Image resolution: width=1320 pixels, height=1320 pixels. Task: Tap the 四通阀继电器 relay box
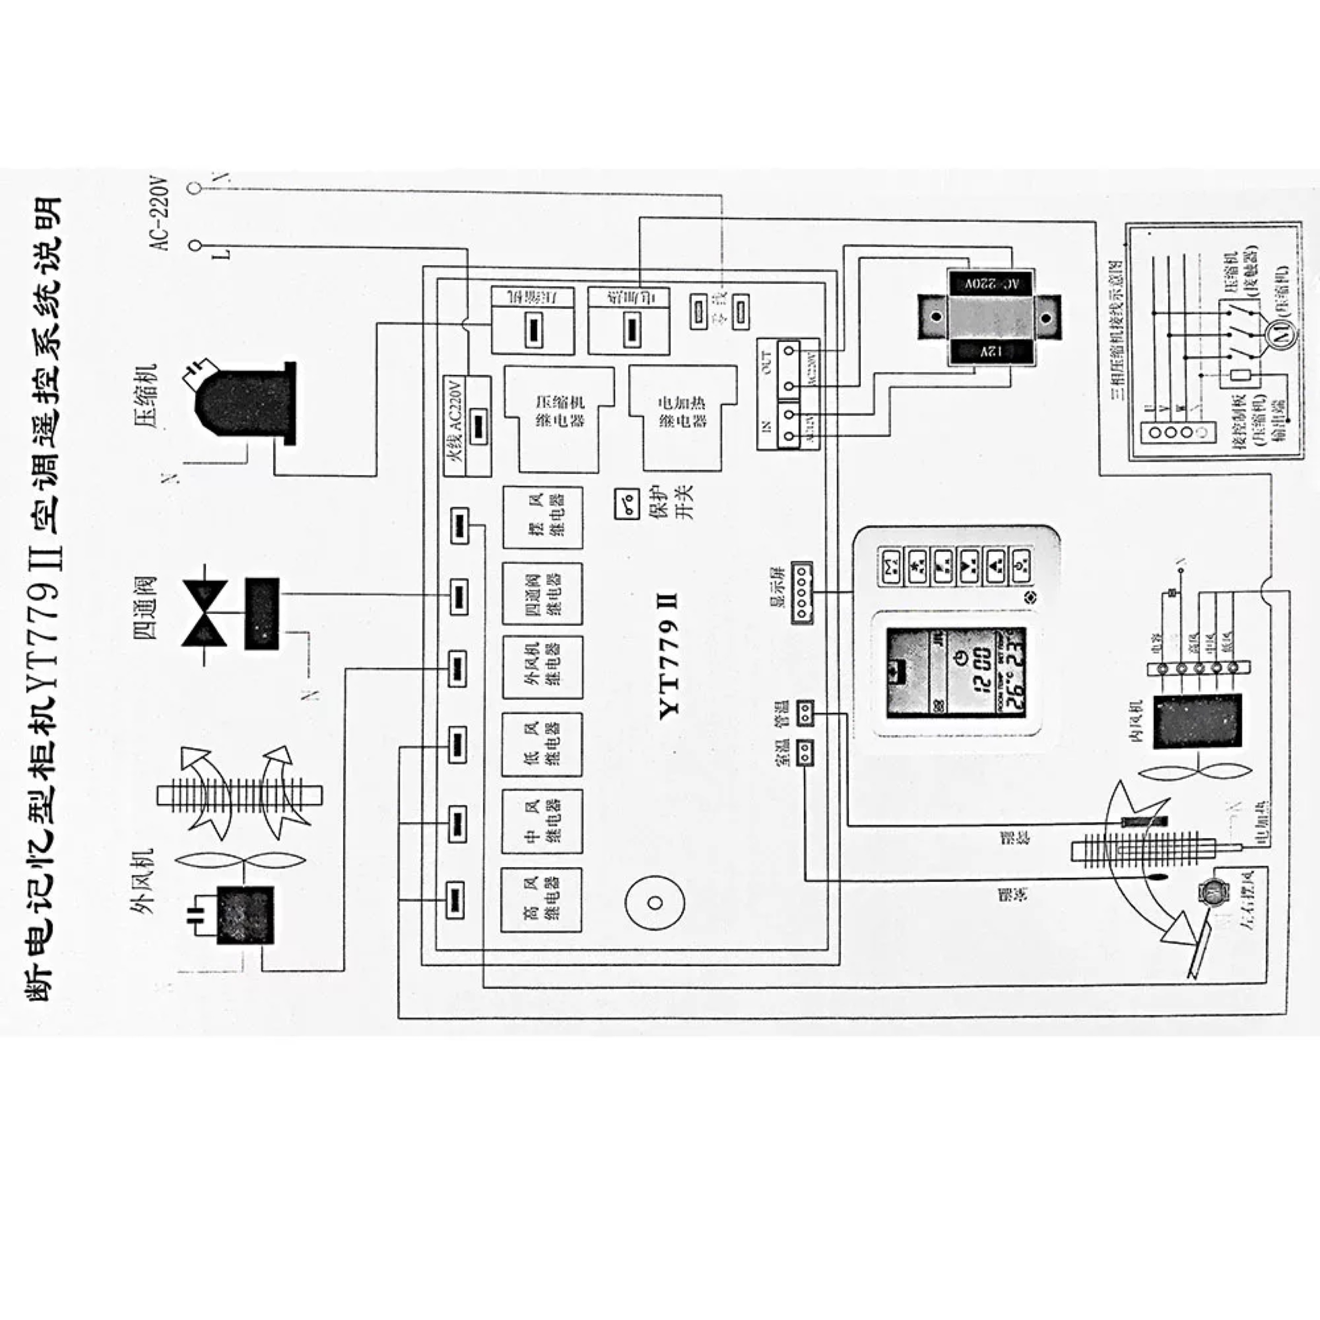[x=543, y=593]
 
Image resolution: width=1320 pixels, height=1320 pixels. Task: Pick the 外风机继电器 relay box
[x=543, y=667]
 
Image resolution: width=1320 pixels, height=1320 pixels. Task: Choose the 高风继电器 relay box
[x=541, y=899]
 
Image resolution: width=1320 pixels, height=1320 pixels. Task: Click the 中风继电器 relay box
[x=542, y=821]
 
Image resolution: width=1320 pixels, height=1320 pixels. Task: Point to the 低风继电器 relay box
[x=542, y=744]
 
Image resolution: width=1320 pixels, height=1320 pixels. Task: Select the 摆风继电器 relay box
[x=543, y=517]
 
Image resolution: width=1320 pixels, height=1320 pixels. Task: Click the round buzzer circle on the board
[x=654, y=902]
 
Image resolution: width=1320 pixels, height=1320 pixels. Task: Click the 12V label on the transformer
[x=988, y=352]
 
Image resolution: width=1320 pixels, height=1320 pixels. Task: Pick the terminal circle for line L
[x=195, y=245]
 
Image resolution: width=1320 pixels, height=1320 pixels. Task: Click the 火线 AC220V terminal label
[x=456, y=426]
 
